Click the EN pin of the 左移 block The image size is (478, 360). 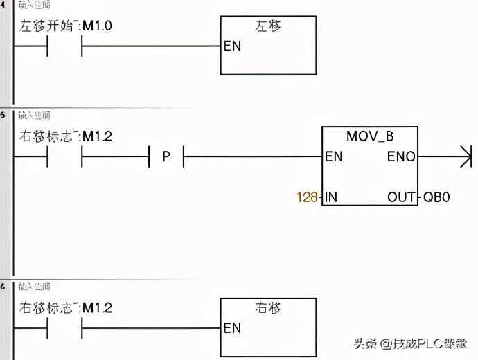coord(232,47)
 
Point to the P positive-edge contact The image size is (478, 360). coord(166,156)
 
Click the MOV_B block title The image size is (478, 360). coord(370,136)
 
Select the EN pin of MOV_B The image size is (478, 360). coord(334,156)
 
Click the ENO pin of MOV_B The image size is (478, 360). coord(401,156)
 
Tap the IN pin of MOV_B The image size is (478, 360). coord(331,197)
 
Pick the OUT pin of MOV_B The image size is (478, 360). coord(402,197)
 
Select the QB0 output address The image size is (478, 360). coord(436,197)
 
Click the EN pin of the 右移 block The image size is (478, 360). coord(232,328)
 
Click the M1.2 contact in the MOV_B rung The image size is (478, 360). coord(64,156)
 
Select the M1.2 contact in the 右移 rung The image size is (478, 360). coord(64,328)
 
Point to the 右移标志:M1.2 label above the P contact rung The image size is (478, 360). coord(65,136)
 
